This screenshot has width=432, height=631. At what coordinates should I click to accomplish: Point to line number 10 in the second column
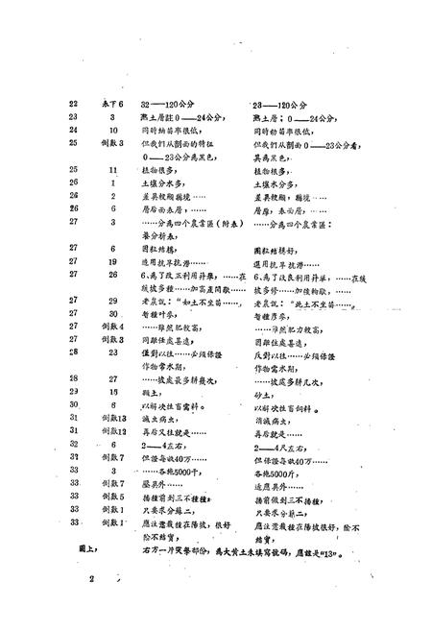[x=113, y=129]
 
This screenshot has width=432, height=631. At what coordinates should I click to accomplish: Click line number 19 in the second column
[x=113, y=260]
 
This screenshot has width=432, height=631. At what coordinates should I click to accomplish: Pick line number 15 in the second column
[x=113, y=366]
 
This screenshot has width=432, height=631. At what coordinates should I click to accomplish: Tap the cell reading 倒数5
[x=114, y=339]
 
